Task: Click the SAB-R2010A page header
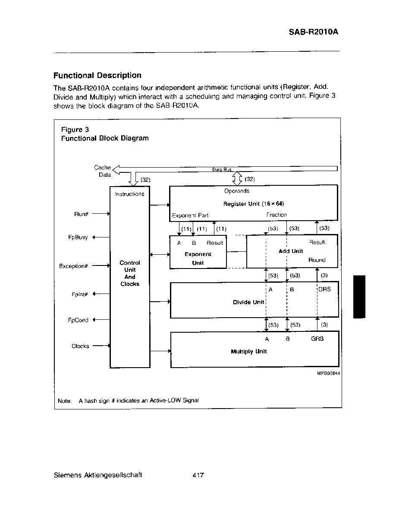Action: (x=313, y=31)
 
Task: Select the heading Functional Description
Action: (x=97, y=75)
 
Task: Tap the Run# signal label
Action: (x=81, y=214)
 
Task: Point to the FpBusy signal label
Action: (x=78, y=237)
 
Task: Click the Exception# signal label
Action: (x=73, y=266)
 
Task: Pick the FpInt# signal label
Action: (x=80, y=294)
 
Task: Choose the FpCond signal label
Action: (x=78, y=320)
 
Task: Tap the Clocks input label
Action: (x=80, y=346)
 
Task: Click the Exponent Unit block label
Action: (x=198, y=258)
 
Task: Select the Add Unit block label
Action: (x=290, y=251)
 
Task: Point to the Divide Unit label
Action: (x=248, y=302)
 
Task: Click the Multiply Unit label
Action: (x=248, y=351)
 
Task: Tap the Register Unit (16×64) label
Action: (x=254, y=204)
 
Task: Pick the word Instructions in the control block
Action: (x=129, y=194)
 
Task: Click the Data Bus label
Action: (x=222, y=169)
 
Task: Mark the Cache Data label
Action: (x=103, y=171)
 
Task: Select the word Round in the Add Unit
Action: (x=317, y=260)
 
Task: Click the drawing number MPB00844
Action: (x=328, y=373)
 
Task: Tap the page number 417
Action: (x=198, y=475)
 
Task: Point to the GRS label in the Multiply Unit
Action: (x=317, y=339)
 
